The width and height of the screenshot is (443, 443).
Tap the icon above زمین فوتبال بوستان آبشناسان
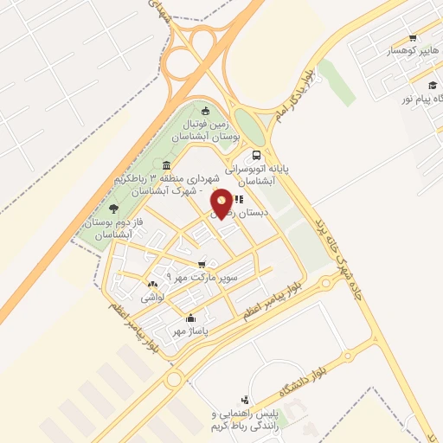(x=205, y=110)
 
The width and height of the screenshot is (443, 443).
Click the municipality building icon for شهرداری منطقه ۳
(x=166, y=166)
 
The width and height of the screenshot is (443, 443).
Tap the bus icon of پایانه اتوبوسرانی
(x=255, y=156)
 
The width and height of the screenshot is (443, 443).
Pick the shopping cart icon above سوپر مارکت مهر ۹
(x=202, y=265)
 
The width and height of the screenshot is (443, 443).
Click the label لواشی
(x=153, y=297)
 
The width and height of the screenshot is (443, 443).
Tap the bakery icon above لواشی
(x=153, y=284)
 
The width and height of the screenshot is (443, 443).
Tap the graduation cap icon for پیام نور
(x=431, y=85)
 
